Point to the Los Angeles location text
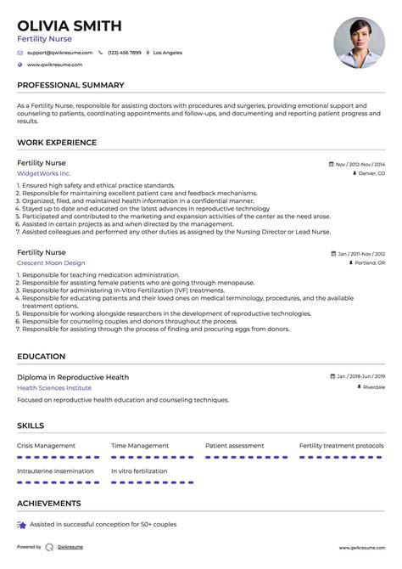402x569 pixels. pyautogui.click(x=167, y=52)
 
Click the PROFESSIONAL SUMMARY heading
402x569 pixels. pyautogui.click(x=70, y=85)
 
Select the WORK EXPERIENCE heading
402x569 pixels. pyautogui.click(x=57, y=143)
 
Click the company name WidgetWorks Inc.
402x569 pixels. pyautogui.click(x=43, y=173)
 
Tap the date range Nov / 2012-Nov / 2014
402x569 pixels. pyautogui.click(x=360, y=163)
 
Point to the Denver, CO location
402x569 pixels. pyautogui.click(x=371, y=173)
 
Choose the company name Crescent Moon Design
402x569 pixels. pyautogui.click(x=52, y=263)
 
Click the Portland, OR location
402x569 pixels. pyautogui.click(x=370, y=263)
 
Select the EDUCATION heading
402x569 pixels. pyautogui.click(x=41, y=357)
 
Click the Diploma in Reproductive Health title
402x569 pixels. pyautogui.click(x=73, y=376)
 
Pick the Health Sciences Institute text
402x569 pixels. pyautogui.click(x=55, y=387)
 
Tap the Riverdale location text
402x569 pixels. pyautogui.click(x=372, y=387)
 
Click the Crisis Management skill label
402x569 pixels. pyautogui.click(x=47, y=445)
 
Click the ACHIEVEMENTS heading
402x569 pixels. pyautogui.click(x=49, y=504)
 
